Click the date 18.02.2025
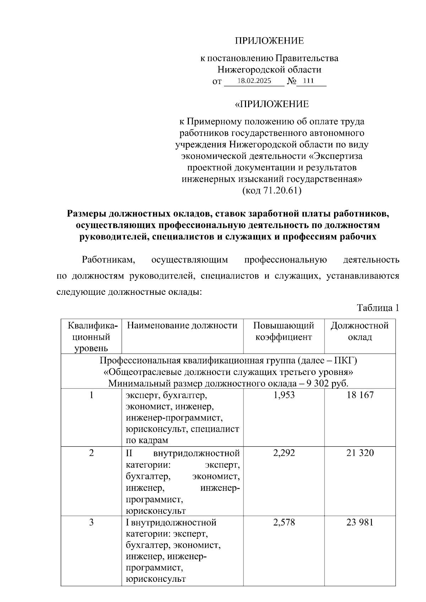[x=254, y=81]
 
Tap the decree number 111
[x=308, y=81]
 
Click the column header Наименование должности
[x=182, y=326]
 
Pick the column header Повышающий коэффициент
[x=284, y=331]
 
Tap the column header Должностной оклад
[x=360, y=331]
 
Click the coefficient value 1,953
[x=284, y=395]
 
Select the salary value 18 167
[x=360, y=395]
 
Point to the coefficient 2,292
[x=284, y=453]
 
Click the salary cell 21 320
[x=360, y=453]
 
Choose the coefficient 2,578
[x=284, y=523]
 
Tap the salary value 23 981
[x=360, y=523]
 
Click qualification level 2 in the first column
[x=91, y=453]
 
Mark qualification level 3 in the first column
[x=91, y=523]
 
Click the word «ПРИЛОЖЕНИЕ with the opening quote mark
[x=272, y=104]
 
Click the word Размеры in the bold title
[x=87, y=214]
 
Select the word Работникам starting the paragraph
[x=109, y=260]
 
